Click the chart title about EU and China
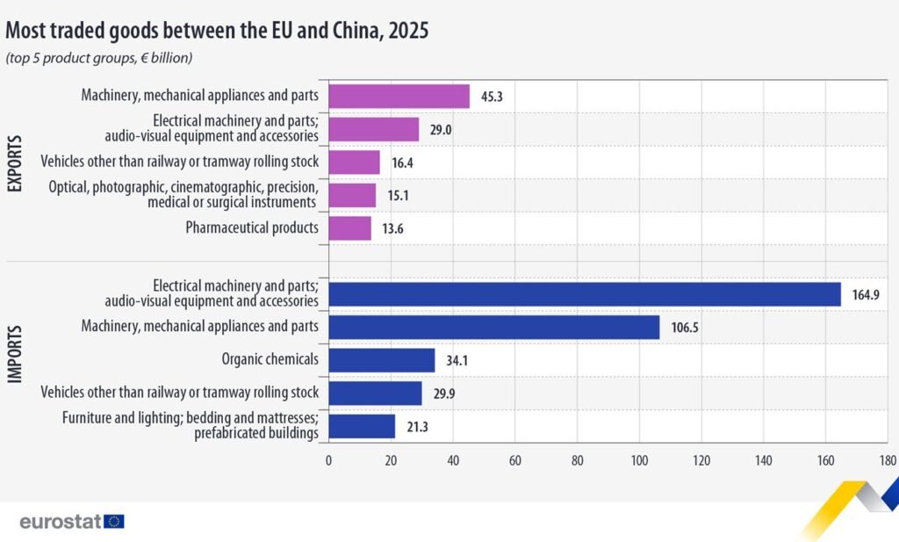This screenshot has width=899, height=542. pyautogui.click(x=217, y=31)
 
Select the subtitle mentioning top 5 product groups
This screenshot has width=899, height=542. pyautogui.click(x=99, y=58)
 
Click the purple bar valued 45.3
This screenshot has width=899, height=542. pyautogui.click(x=399, y=96)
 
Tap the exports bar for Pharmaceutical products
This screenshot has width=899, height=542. pyautogui.click(x=349, y=228)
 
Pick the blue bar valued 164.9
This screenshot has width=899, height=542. pyautogui.click(x=584, y=293)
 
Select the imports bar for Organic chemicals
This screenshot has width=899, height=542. pyautogui.click(x=381, y=360)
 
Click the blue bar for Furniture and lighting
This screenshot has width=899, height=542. pyautogui.click(x=362, y=427)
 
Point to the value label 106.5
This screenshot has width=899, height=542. pyautogui.click(x=685, y=328)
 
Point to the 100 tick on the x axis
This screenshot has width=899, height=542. pyautogui.click(x=638, y=460)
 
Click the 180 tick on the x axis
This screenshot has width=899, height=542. pyautogui.click(x=887, y=460)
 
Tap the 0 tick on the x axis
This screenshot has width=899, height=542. pyautogui.click(x=328, y=460)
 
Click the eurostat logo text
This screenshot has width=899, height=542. pyautogui.click(x=60, y=521)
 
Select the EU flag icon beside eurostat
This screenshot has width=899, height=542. pyautogui.click(x=114, y=521)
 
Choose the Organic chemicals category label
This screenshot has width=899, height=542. pyautogui.click(x=271, y=359)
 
